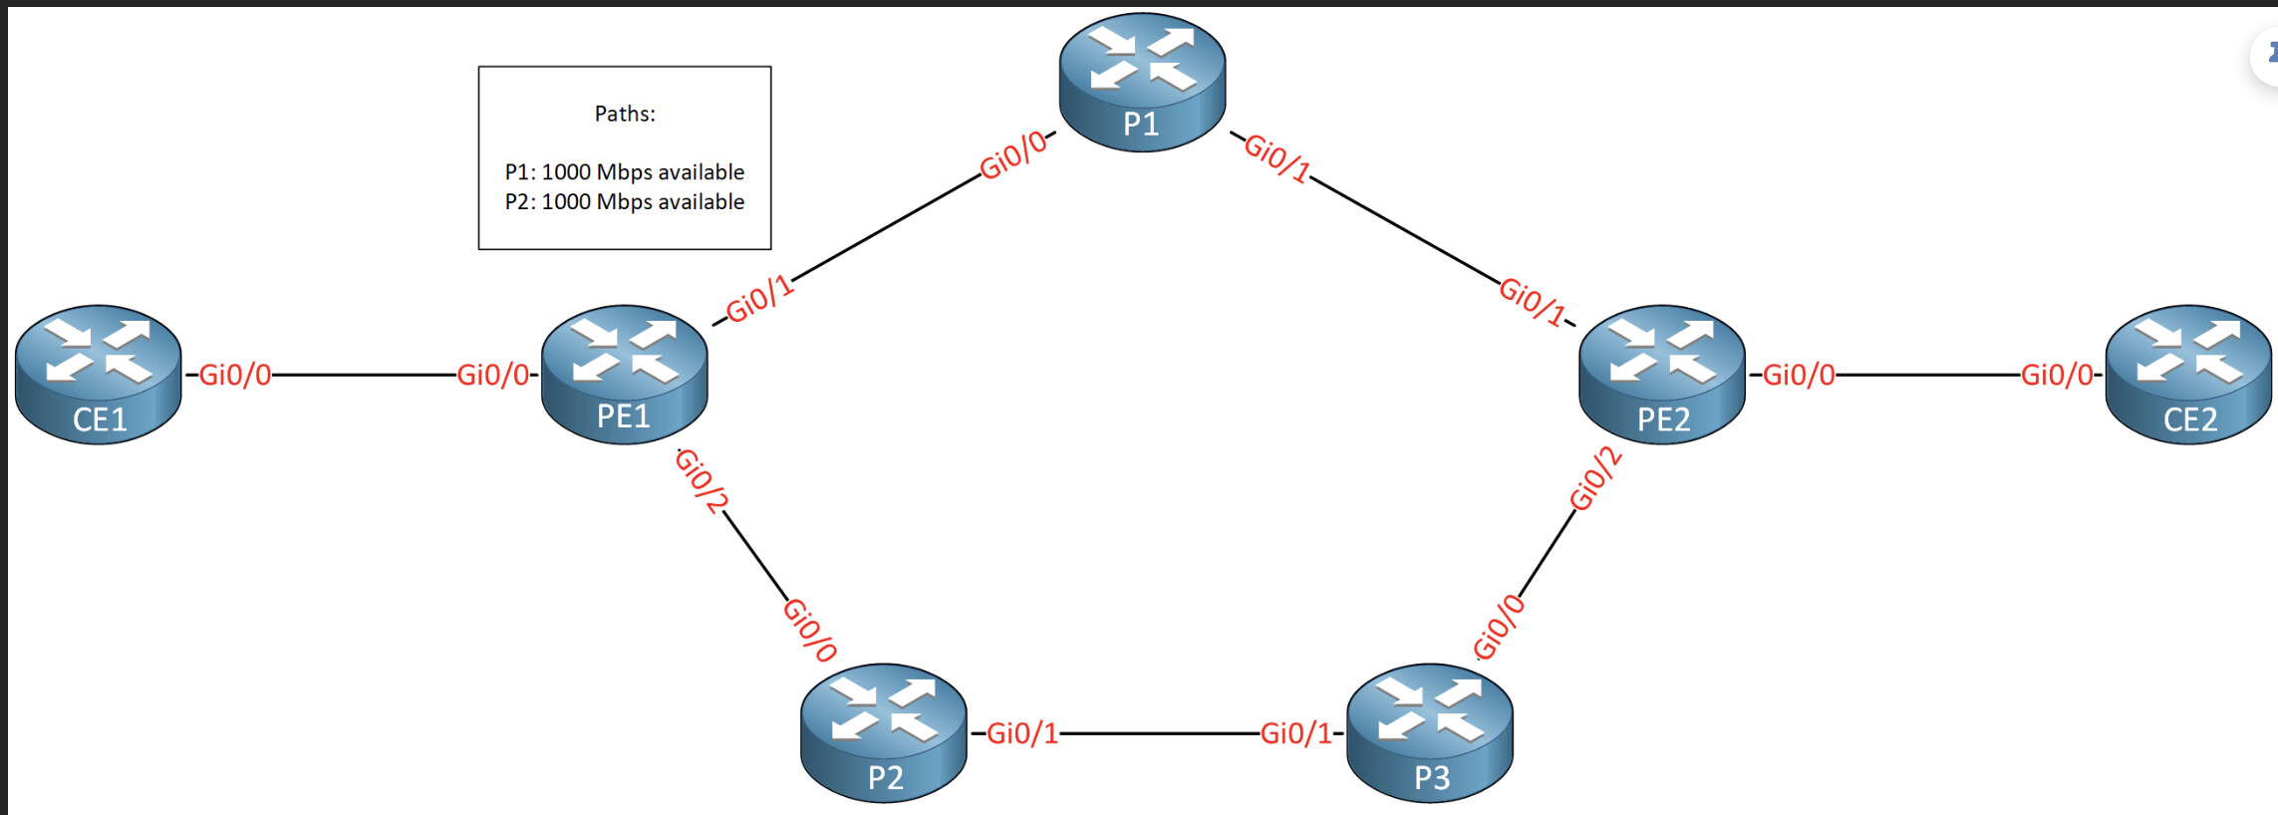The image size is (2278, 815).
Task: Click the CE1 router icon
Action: coord(99,375)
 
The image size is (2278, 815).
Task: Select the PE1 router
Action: coord(625,375)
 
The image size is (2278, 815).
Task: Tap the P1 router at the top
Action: coord(1142,83)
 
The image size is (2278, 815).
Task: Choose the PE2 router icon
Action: coord(1662,375)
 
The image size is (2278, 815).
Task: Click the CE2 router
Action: coord(2189,375)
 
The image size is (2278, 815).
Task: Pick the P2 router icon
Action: coord(884,733)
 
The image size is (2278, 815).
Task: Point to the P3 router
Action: coord(1430,733)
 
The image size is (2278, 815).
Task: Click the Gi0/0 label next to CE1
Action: coord(235,375)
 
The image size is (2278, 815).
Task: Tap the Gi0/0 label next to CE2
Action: coord(2057,375)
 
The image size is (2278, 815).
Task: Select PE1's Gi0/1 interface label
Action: coord(759,299)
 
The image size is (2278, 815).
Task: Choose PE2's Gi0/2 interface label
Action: coord(1595,478)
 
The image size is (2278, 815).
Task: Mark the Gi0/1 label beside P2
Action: coord(1022,733)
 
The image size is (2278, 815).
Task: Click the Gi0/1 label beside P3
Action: coord(1296,733)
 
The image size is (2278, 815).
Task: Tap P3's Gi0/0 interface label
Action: coord(1500,627)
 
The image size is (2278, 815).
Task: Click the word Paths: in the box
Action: coord(625,114)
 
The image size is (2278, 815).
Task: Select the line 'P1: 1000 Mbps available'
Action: coord(625,171)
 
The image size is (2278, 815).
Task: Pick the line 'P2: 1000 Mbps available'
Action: coord(625,201)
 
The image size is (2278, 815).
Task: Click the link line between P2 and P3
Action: coord(1160,733)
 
